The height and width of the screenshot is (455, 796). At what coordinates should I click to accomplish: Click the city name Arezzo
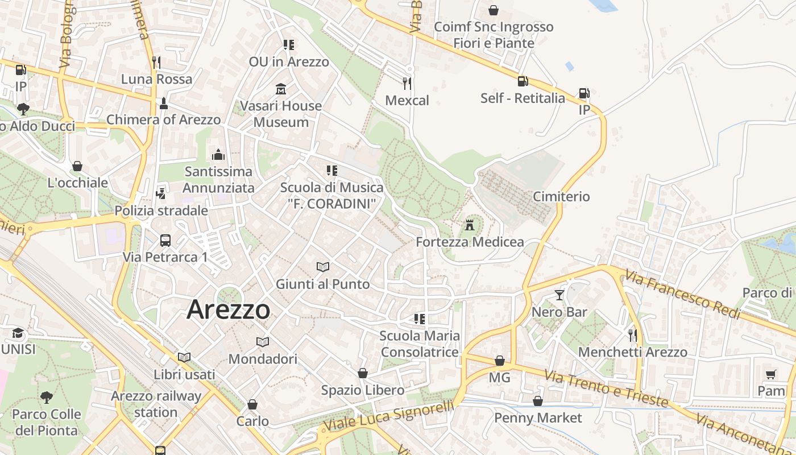(x=228, y=310)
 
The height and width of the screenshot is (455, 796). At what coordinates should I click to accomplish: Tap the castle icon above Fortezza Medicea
(x=470, y=225)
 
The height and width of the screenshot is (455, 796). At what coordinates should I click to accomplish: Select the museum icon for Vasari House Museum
(x=280, y=89)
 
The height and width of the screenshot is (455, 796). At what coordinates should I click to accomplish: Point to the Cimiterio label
(x=561, y=197)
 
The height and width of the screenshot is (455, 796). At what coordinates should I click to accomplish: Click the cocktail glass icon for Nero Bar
(x=559, y=295)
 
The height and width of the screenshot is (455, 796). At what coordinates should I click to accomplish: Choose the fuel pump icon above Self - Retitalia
(x=523, y=81)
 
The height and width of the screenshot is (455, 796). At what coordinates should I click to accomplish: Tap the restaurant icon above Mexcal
(x=407, y=84)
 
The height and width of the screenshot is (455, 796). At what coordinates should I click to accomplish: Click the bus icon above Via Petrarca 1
(x=165, y=240)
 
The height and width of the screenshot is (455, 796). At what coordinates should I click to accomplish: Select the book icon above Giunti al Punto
(x=322, y=267)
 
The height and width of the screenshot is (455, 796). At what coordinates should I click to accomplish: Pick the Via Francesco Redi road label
(x=682, y=295)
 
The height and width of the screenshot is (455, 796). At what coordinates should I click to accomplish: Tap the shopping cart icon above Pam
(x=770, y=374)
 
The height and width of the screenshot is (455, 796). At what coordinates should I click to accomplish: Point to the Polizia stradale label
(x=161, y=211)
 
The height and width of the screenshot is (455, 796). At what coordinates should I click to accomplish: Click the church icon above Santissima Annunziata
(x=218, y=155)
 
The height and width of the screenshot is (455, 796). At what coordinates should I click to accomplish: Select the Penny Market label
(x=538, y=418)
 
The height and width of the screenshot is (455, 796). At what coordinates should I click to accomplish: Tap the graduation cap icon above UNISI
(x=18, y=333)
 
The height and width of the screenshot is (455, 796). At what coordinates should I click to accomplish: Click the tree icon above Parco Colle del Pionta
(x=47, y=397)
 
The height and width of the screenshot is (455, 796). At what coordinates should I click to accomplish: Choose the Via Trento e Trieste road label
(x=606, y=389)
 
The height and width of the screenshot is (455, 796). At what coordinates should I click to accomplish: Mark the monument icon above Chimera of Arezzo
(x=164, y=103)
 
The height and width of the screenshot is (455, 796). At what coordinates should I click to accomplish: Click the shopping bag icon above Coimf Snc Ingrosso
(x=494, y=10)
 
